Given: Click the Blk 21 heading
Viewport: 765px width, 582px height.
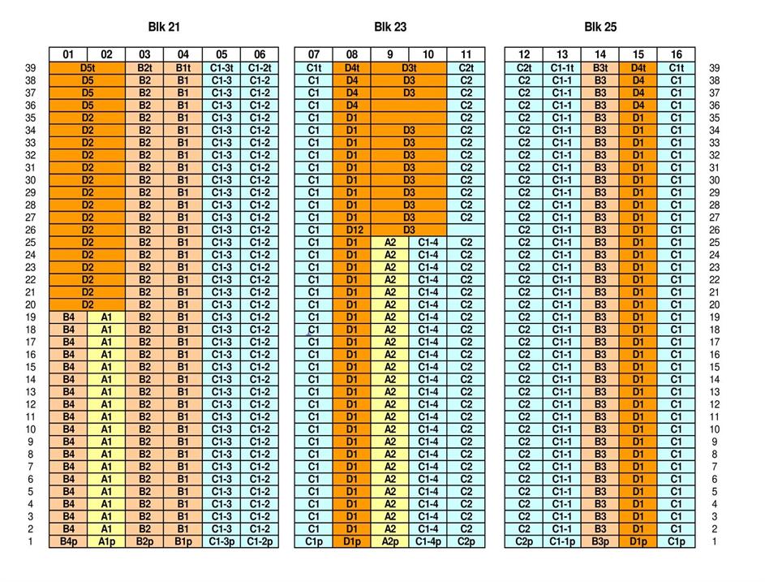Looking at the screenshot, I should coord(164,27).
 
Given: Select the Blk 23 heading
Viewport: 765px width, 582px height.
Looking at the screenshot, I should coord(390,27).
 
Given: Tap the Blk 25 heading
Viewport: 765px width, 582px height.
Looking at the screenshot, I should coord(600,27).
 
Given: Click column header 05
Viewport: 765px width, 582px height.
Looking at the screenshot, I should coord(221,55).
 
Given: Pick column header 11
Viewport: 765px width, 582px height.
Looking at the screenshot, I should coord(466,55).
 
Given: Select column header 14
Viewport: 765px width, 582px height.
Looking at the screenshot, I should coord(600,55).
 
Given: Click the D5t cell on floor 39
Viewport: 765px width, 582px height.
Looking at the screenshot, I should coord(88,68).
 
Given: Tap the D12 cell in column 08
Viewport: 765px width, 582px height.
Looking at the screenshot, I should coord(352,230).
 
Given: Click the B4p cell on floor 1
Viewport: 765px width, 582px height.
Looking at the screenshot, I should coord(68,541).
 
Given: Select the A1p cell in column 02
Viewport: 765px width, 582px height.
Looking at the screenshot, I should coord(106,541).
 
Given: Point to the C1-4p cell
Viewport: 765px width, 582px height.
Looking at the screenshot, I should coord(428,541).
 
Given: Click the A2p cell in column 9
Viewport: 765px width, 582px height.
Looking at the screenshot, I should coord(390,541).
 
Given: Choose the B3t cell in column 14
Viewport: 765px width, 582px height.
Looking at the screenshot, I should coord(600,68).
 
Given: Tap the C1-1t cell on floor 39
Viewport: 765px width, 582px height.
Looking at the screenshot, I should coord(562,68).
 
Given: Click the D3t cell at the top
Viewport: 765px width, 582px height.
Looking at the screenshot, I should coord(409,68).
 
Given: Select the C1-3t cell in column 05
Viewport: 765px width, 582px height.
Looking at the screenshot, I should coord(221,68).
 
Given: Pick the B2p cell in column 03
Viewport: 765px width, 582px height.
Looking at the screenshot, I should coord(144,541).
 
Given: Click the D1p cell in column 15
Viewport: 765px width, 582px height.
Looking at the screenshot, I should coord(638,541).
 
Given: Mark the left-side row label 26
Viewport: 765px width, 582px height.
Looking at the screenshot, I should coord(30,230).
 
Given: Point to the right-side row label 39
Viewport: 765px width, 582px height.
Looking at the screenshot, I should coord(715,68).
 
